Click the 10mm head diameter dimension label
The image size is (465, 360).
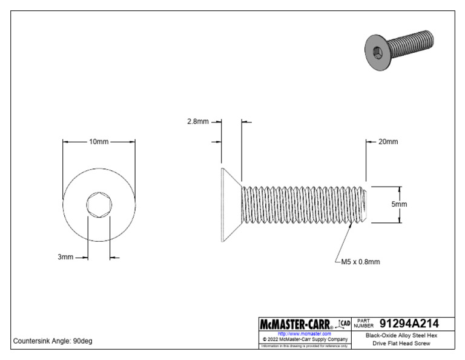point(99,142)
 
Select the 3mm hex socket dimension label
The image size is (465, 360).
point(65,257)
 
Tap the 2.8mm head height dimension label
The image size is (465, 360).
point(198,121)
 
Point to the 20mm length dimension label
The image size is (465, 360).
point(388,142)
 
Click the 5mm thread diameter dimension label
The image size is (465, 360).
point(399,204)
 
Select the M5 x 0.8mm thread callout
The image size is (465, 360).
point(361,262)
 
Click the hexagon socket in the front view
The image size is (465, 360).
point(99,204)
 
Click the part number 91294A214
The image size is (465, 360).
point(409,323)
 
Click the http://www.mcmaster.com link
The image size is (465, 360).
point(304,333)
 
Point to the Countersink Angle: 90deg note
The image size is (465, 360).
point(53,341)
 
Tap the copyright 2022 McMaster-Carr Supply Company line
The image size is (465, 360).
point(304,339)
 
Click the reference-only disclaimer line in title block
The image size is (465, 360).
point(304,346)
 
